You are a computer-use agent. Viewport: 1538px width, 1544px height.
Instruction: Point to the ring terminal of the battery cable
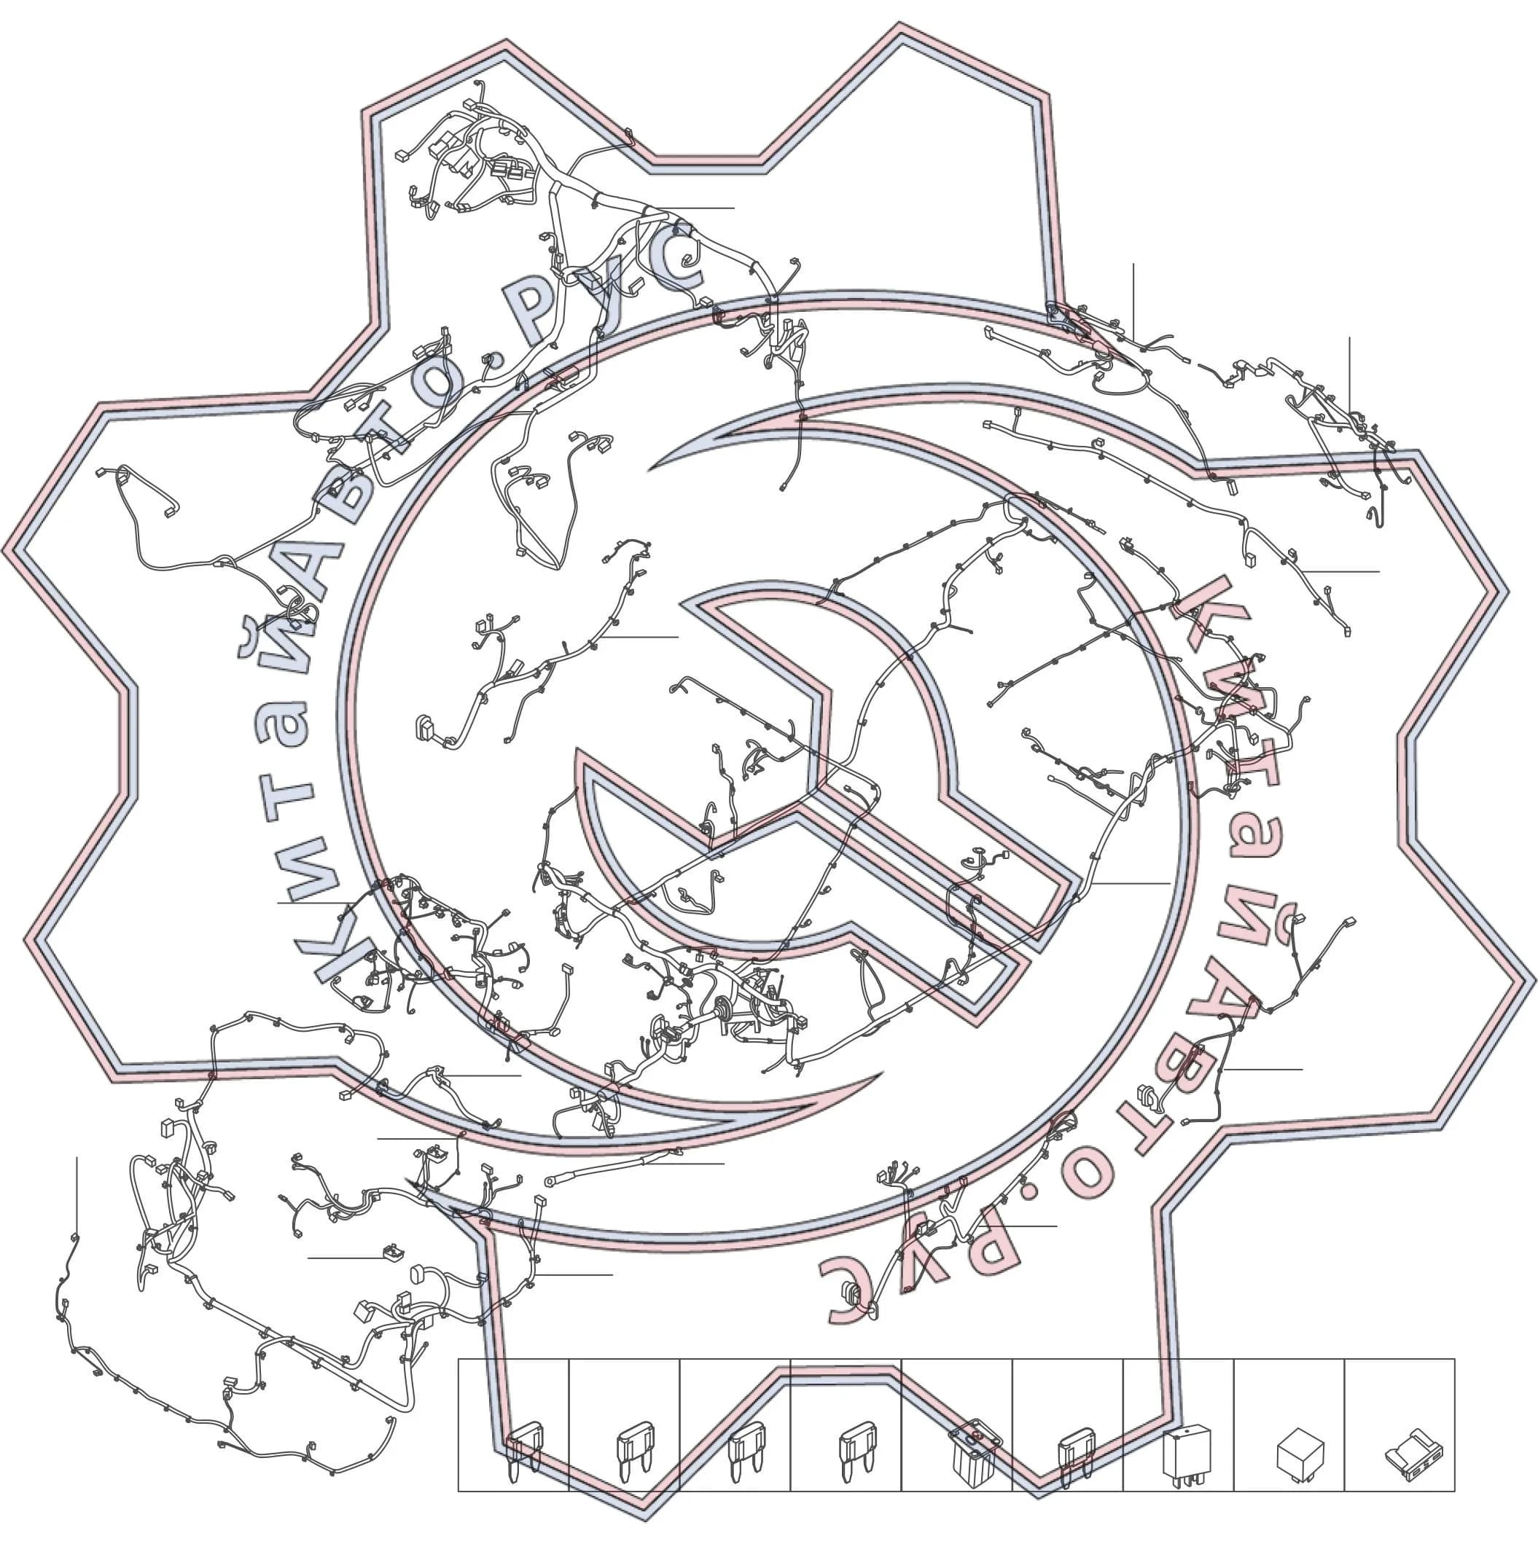pos(550,1180)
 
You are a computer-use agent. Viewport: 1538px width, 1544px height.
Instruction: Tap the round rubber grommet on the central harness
pos(722,1013)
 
